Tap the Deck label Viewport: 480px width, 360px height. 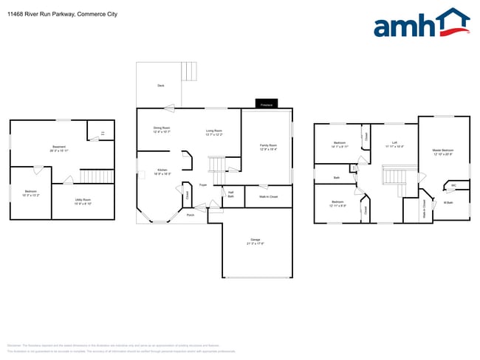(x=160, y=86)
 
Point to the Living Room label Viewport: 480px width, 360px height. (x=214, y=132)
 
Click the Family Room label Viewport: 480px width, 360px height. (x=267, y=147)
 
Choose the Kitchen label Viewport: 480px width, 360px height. (x=162, y=172)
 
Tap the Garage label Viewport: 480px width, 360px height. (x=256, y=241)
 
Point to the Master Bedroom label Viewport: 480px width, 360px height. (x=442, y=152)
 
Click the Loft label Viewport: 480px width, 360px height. (x=394, y=144)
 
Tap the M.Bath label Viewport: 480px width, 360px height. (x=448, y=203)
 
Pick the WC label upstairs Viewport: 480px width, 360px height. (x=453, y=185)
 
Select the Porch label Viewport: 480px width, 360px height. (x=191, y=215)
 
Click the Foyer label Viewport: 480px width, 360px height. (x=202, y=185)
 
